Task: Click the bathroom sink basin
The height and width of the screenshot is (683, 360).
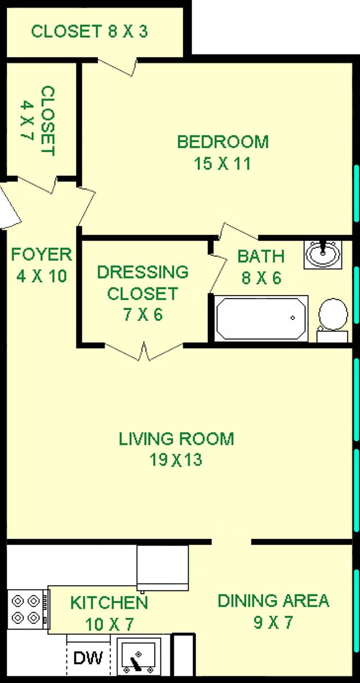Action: (x=323, y=255)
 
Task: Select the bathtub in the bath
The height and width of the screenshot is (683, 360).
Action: (x=261, y=318)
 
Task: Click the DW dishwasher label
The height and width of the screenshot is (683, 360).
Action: (x=88, y=658)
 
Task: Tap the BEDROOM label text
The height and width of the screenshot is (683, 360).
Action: (x=223, y=142)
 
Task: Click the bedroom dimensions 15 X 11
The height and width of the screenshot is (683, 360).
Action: (x=222, y=164)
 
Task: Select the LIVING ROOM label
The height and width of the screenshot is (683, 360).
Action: (x=176, y=439)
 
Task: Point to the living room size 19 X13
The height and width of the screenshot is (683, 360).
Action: (x=175, y=460)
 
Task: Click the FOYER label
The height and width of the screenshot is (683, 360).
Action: (x=42, y=254)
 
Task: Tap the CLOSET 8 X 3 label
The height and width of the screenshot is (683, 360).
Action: (x=89, y=31)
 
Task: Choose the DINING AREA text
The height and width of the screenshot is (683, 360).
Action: (x=273, y=601)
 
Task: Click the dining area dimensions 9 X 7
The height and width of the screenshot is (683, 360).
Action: (x=273, y=622)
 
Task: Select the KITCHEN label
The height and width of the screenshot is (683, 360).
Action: (x=109, y=603)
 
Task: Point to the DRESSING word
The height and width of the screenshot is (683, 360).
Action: (x=143, y=272)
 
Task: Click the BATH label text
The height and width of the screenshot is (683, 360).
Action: (x=261, y=256)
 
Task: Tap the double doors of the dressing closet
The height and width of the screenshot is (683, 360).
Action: (x=144, y=351)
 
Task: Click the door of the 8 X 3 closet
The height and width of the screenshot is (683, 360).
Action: (x=118, y=67)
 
